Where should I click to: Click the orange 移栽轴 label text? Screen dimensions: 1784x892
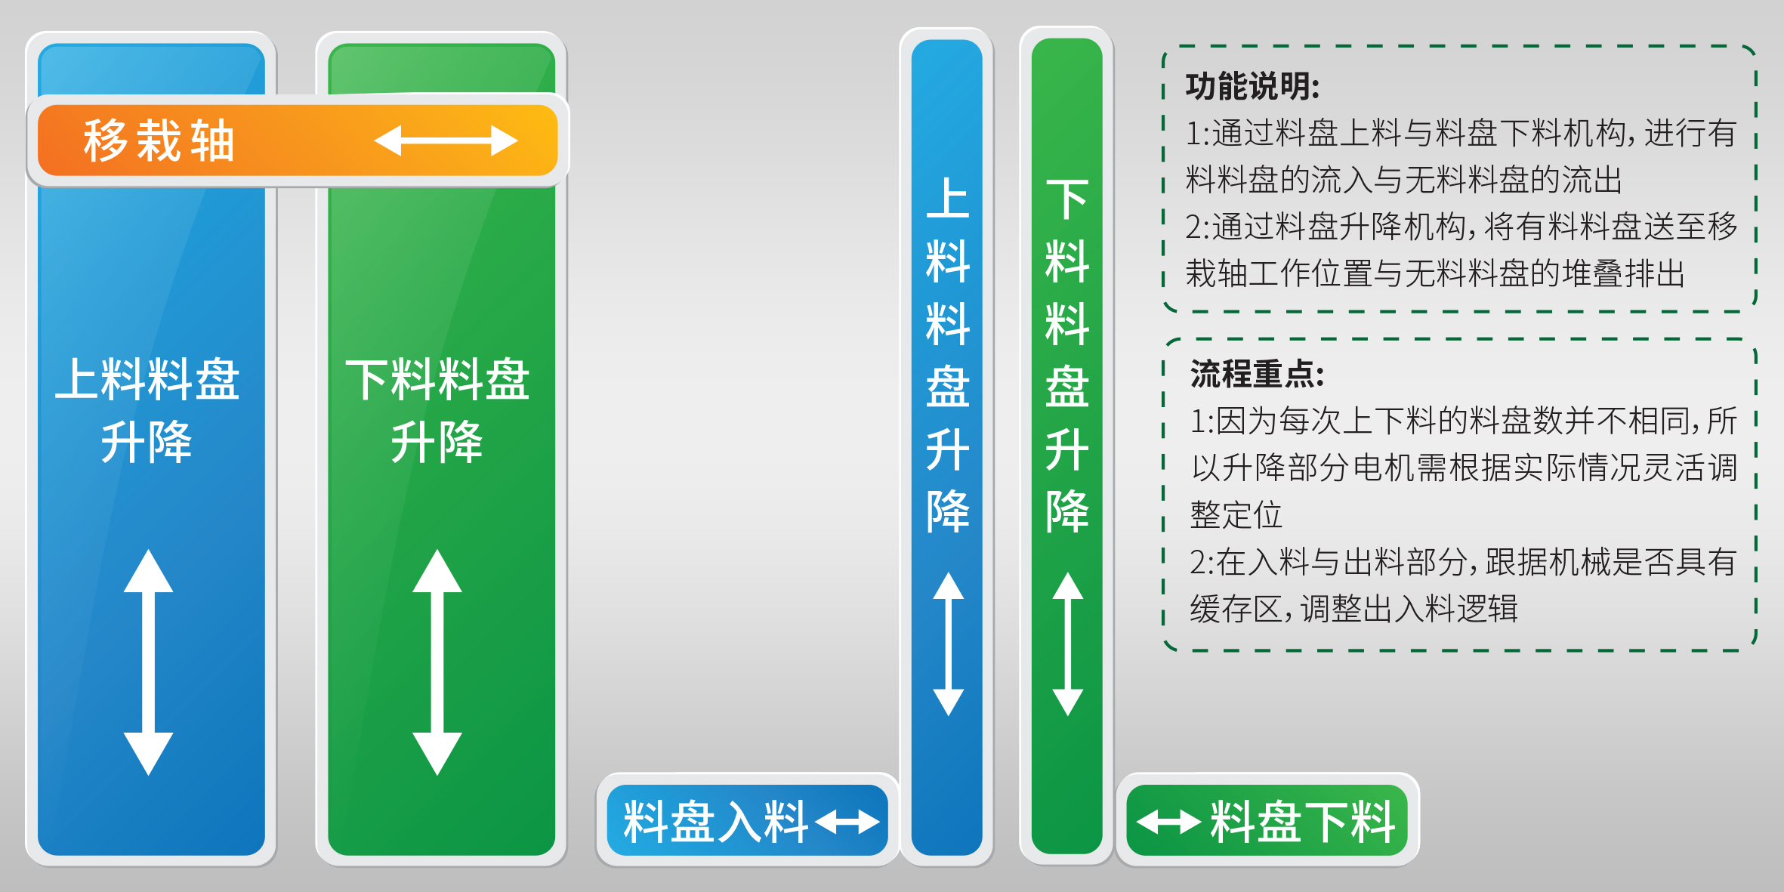159,140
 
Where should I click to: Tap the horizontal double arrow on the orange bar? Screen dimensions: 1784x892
446,140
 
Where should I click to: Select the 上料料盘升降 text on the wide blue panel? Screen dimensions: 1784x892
148,410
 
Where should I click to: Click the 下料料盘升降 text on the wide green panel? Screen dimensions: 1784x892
437,410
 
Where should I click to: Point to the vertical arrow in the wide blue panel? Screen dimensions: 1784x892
148,662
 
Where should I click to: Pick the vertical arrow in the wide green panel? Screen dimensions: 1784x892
437,662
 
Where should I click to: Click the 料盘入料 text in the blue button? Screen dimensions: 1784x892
716,821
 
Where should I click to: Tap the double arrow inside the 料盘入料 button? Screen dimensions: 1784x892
847,822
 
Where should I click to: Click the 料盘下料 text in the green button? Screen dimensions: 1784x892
1303,821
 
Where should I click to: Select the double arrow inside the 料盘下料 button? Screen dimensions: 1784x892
1169,822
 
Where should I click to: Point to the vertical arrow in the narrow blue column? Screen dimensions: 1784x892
948,644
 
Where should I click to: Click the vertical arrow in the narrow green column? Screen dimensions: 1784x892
1068,644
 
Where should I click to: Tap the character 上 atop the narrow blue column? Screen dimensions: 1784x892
948,199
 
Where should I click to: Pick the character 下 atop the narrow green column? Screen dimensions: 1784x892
1067,199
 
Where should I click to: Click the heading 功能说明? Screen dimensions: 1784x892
1252,87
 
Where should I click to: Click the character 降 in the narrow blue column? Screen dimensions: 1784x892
948,511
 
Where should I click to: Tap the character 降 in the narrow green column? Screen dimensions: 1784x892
1067,511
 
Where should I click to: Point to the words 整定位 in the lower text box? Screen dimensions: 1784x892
1236,515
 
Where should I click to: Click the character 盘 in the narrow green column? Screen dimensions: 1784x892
1067,387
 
